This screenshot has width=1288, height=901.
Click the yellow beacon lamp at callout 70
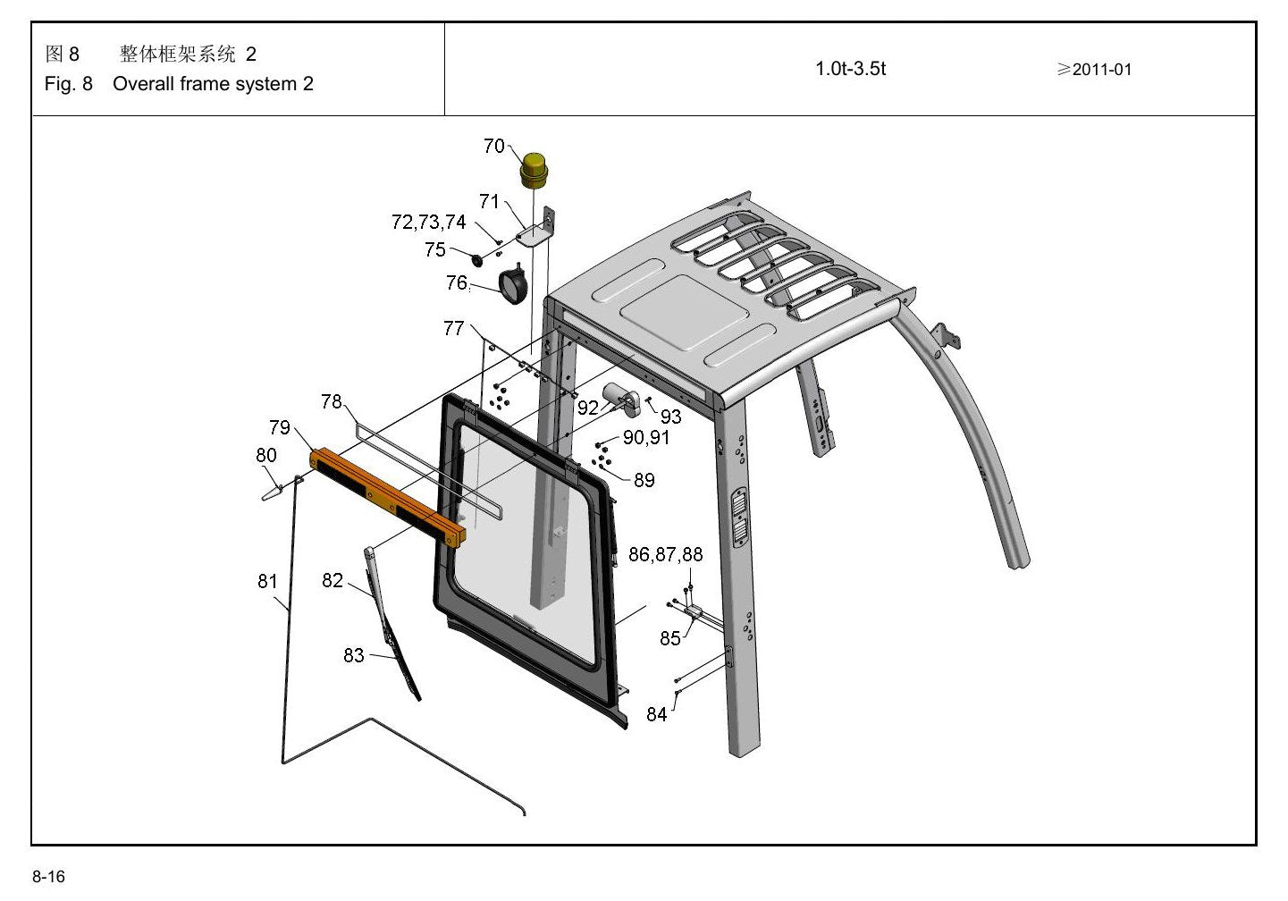click(x=535, y=170)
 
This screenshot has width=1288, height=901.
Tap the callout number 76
click(x=457, y=282)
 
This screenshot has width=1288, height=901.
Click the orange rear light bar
click(x=388, y=498)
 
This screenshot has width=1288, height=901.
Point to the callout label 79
click(x=280, y=427)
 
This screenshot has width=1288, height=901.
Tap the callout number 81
click(x=267, y=581)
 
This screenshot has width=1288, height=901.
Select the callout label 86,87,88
click(x=665, y=554)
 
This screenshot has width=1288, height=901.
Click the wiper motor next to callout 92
click(x=619, y=399)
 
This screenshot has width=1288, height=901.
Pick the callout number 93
click(x=670, y=417)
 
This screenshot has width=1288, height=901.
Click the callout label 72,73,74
click(x=428, y=222)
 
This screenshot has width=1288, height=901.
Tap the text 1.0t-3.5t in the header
click(x=850, y=69)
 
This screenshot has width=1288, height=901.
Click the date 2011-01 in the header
click(x=1102, y=70)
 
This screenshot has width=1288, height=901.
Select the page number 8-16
click(x=49, y=876)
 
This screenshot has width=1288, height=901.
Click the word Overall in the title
click(x=144, y=84)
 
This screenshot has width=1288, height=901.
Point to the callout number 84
click(x=657, y=714)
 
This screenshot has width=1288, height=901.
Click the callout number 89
click(x=644, y=480)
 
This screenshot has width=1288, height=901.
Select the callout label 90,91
click(x=646, y=438)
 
